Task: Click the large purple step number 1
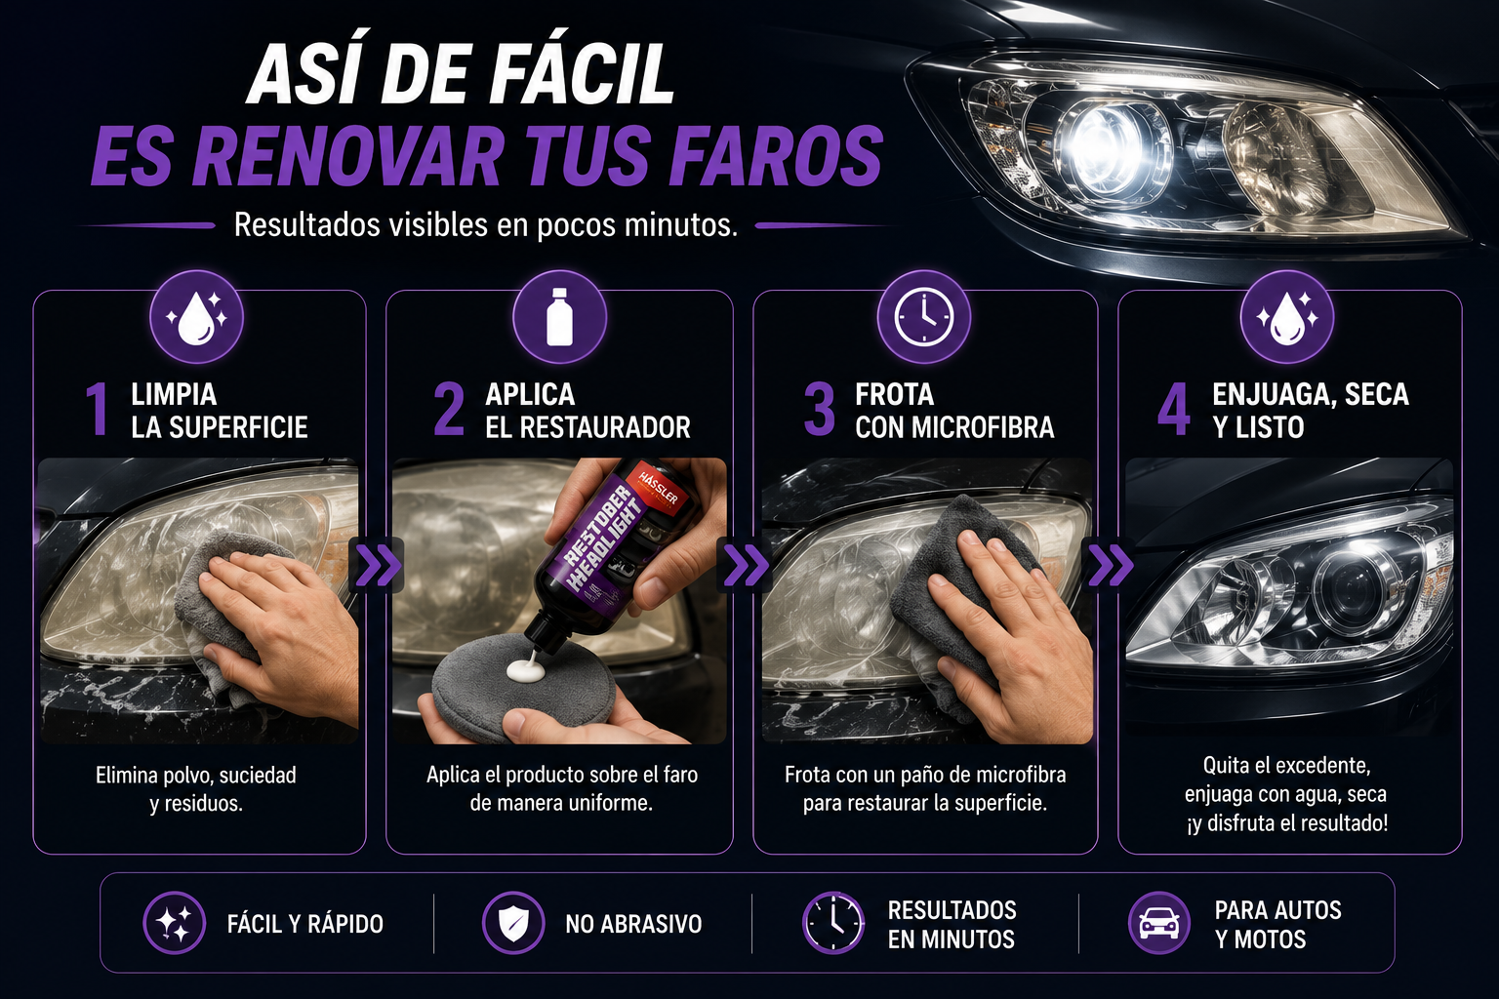click(x=98, y=409)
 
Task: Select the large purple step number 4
click(x=1174, y=409)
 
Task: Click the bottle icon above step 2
click(x=559, y=316)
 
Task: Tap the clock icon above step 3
click(x=923, y=316)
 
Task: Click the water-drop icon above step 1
click(x=197, y=316)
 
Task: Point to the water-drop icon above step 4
click(x=1287, y=316)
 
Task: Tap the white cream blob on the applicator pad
click(x=522, y=669)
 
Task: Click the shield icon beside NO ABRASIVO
click(x=512, y=923)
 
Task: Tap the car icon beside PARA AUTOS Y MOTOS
click(x=1159, y=923)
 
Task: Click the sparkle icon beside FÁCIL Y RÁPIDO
click(x=174, y=923)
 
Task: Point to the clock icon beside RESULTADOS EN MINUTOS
click(x=833, y=923)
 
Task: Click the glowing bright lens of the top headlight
click(x=1103, y=140)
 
